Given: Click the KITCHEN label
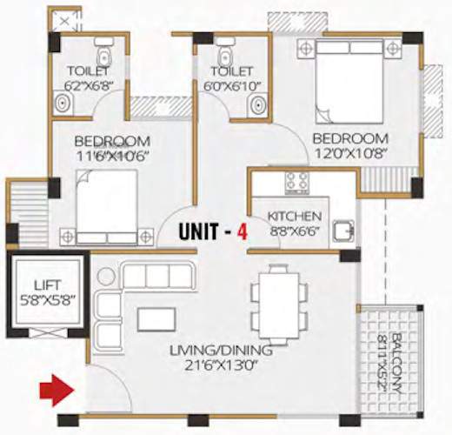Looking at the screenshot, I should [295, 216].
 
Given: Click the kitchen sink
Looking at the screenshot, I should [345, 231].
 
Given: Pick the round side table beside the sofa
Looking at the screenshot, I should [106, 277].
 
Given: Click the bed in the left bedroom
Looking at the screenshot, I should [106, 207].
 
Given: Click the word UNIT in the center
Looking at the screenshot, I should [203, 233].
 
